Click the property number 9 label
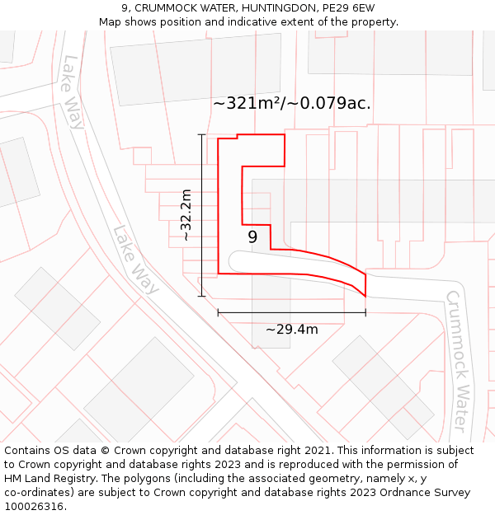[252, 237]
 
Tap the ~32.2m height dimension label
[186, 215]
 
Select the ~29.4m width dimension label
[291, 330]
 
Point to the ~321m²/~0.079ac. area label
[292, 104]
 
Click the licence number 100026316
[34, 507]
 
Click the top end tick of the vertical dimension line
[201, 134]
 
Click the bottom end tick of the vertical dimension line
[201, 296]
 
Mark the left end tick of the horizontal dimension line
[218, 312]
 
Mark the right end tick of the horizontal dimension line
[365, 312]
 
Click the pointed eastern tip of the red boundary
[365, 296]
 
